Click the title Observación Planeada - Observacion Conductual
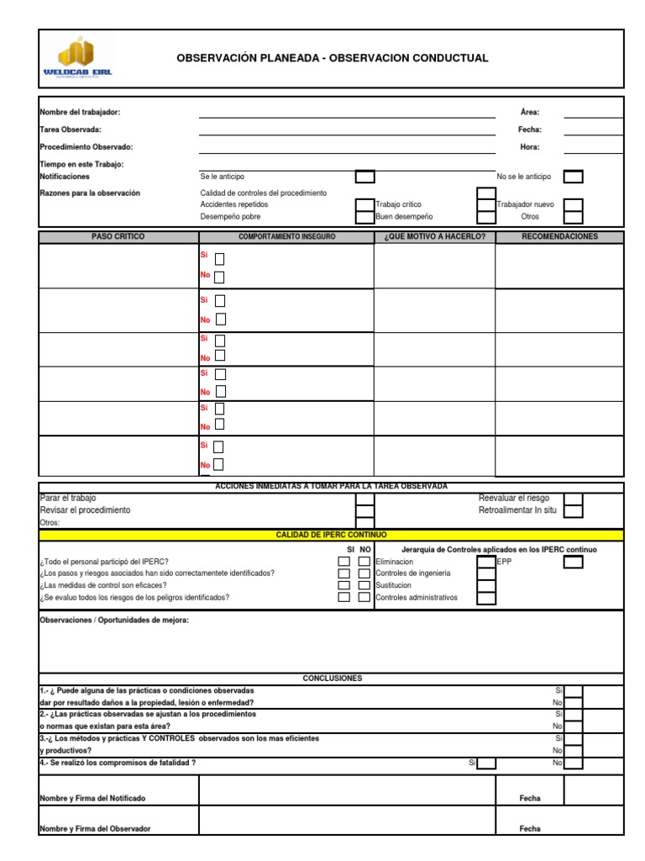[332, 58]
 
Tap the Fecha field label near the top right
[529, 129]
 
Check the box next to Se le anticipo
[364, 177]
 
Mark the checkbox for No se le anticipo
[573, 177]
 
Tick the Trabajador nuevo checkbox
[573, 205]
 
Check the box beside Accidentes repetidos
[364, 205]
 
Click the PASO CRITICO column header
[118, 237]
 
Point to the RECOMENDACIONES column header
[559, 237]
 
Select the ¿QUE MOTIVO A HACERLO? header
[434, 237]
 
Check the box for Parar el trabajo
[364, 499]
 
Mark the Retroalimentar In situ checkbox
[573, 510]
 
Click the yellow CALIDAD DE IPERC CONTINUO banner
[332, 535]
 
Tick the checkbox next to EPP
[573, 562]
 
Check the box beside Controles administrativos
[485, 598]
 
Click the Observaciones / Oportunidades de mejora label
[114, 621]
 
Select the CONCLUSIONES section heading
[332, 678]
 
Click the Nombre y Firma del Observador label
[95, 828]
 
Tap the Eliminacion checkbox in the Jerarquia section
[485, 562]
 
